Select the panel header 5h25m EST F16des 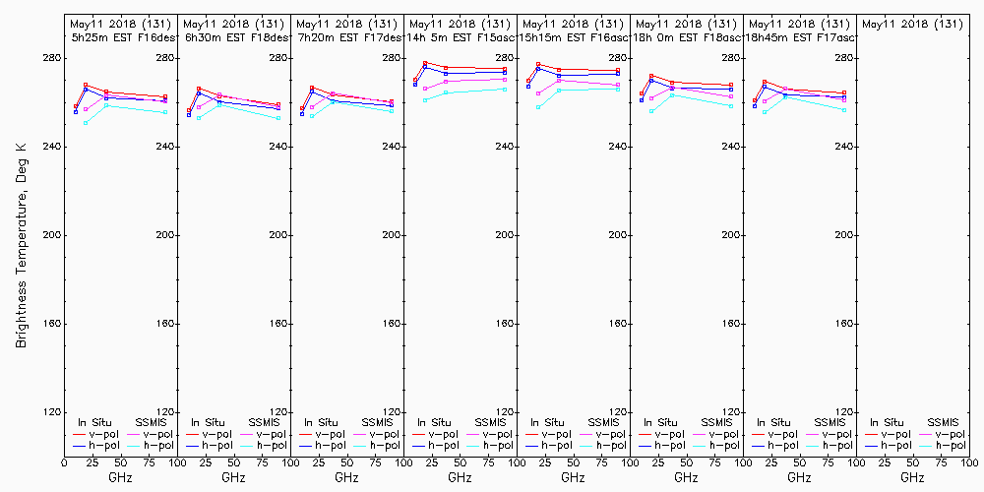click(120, 36)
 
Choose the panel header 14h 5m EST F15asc click(460, 36)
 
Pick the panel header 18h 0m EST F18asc click(686, 36)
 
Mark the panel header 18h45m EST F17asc click(799, 36)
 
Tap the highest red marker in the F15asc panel click(425, 63)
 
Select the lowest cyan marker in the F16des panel click(86, 123)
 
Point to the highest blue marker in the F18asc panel click(651, 81)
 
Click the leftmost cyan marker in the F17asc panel click(765, 111)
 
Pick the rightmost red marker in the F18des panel click(278, 104)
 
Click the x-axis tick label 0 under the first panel click(64, 461)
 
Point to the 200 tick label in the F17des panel click(392, 235)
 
